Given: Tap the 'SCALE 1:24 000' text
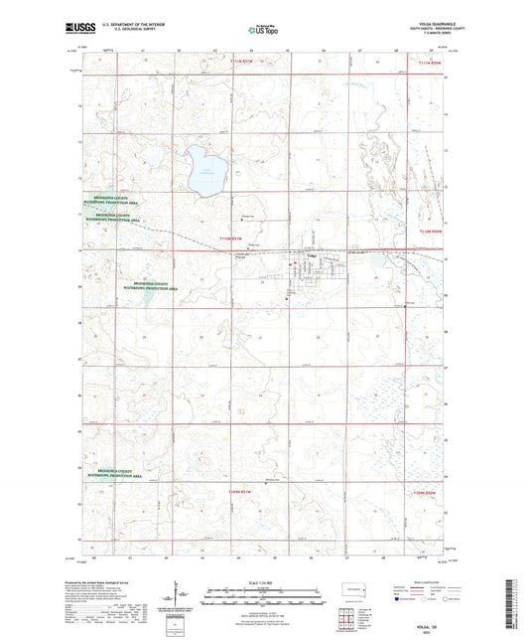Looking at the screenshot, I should [263, 573].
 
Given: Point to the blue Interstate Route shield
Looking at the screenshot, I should [396, 598].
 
